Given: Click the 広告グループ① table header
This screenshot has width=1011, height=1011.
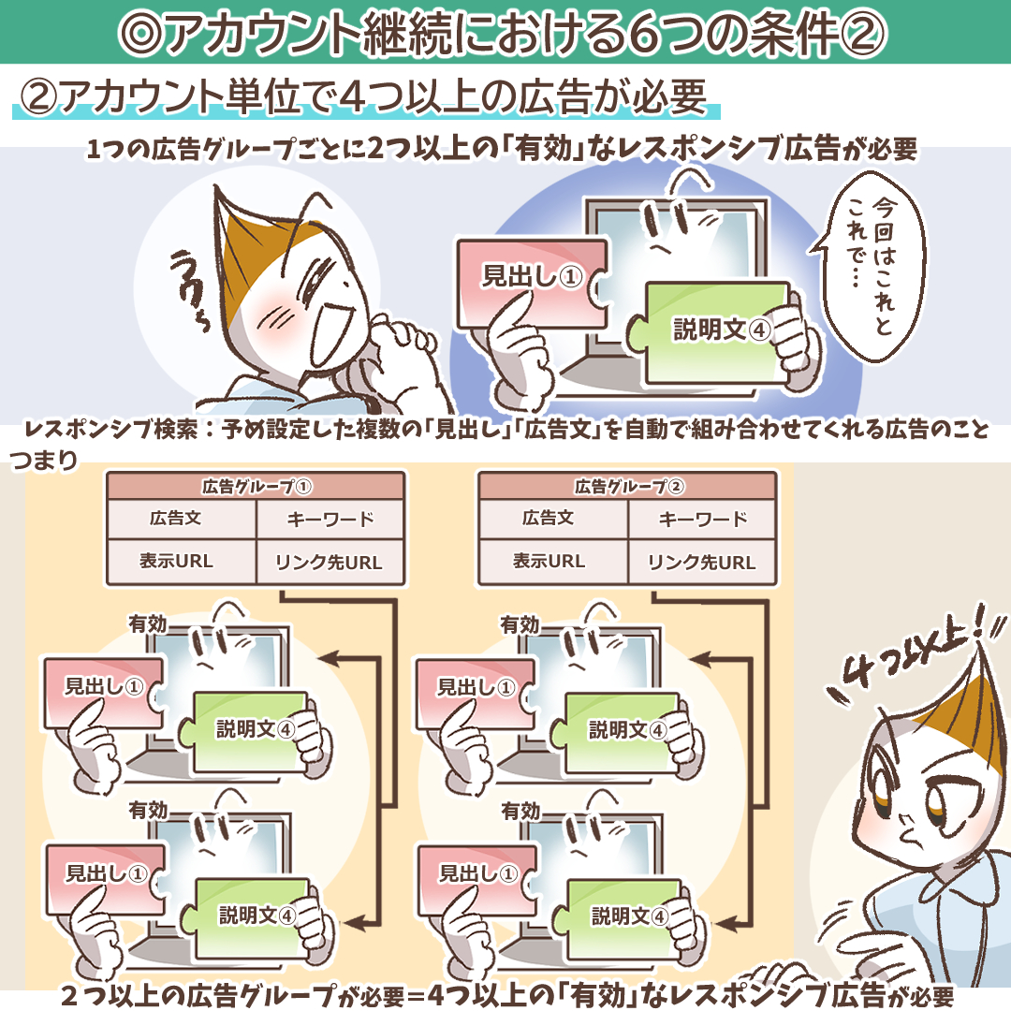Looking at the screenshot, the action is [x=256, y=486].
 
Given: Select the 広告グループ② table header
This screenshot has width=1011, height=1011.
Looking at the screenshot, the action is [x=628, y=486].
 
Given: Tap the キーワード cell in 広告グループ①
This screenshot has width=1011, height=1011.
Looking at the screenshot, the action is [x=330, y=519].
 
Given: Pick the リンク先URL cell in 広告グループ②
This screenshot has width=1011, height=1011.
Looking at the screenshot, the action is [x=701, y=563].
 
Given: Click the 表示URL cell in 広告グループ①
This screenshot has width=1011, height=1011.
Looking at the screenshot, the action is [x=175, y=562].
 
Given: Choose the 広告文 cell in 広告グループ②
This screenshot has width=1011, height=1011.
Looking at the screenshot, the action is [x=548, y=519].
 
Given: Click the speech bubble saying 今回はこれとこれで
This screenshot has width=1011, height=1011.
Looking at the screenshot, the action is [x=871, y=266].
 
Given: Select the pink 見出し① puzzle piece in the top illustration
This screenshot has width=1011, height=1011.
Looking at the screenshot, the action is [x=532, y=284].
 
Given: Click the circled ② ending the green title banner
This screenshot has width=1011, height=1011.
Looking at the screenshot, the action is [x=863, y=32].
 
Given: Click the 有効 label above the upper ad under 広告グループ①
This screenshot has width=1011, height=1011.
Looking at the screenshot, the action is [x=148, y=624].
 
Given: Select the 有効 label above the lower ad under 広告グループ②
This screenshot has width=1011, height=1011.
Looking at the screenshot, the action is [x=520, y=811].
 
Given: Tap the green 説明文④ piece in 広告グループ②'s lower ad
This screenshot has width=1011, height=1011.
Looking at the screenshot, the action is [x=623, y=916].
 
